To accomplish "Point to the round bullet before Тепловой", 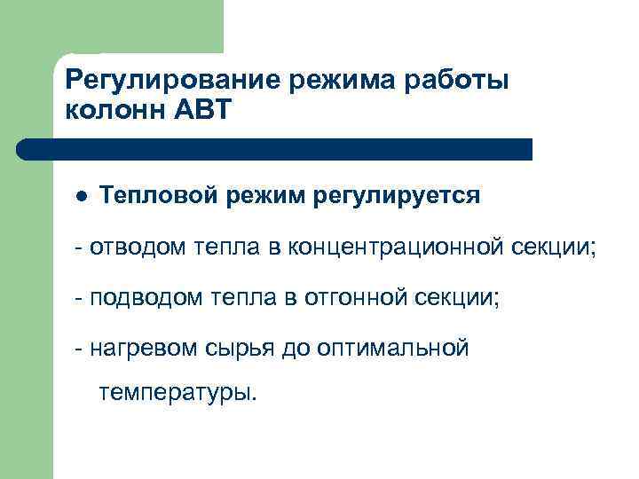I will click(x=81, y=196).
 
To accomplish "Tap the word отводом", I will click(x=137, y=246).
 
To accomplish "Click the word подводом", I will click(x=145, y=297).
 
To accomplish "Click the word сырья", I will click(x=233, y=349).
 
